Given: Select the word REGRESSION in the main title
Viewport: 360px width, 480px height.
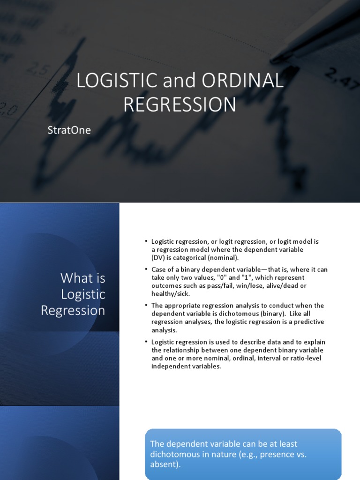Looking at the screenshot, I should (x=180, y=105).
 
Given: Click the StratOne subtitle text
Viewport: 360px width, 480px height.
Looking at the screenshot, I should (x=69, y=130).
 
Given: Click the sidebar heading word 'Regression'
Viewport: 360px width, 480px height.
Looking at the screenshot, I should (x=73, y=311).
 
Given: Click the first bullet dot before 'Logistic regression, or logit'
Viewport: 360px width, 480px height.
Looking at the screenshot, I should (x=146, y=242).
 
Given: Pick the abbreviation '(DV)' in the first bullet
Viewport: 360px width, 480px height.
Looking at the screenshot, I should (x=159, y=257).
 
